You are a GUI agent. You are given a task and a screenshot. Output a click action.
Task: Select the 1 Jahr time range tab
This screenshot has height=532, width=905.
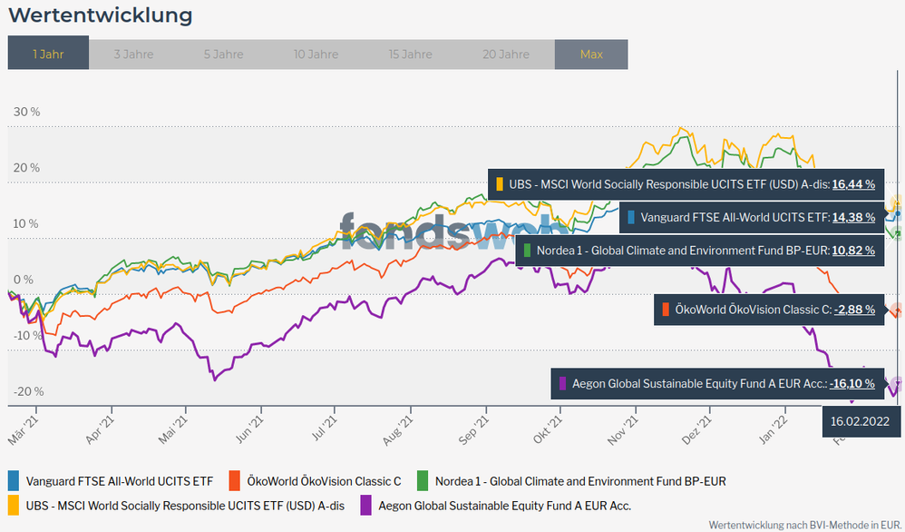tap(48, 54)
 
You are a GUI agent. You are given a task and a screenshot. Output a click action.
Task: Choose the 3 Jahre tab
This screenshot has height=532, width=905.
tap(133, 54)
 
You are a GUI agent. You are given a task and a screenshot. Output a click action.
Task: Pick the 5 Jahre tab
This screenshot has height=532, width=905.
tap(223, 54)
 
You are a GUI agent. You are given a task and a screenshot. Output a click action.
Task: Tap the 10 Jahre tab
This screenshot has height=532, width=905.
tap(316, 54)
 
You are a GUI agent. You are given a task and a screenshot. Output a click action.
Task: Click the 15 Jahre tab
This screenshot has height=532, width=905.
tap(410, 54)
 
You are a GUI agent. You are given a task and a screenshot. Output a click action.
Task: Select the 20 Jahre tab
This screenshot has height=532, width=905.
tap(505, 54)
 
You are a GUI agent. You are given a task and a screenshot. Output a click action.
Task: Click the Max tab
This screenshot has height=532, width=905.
tap(591, 54)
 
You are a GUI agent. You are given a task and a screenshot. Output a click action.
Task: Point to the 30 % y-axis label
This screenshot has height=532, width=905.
tap(26, 112)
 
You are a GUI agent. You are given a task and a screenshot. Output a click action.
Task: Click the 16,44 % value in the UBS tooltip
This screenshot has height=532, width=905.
tap(852, 184)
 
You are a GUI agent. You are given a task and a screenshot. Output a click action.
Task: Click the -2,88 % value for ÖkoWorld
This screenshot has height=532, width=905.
tap(854, 310)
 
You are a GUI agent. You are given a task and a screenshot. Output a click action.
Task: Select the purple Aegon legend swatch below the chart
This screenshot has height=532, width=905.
tap(366, 505)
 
